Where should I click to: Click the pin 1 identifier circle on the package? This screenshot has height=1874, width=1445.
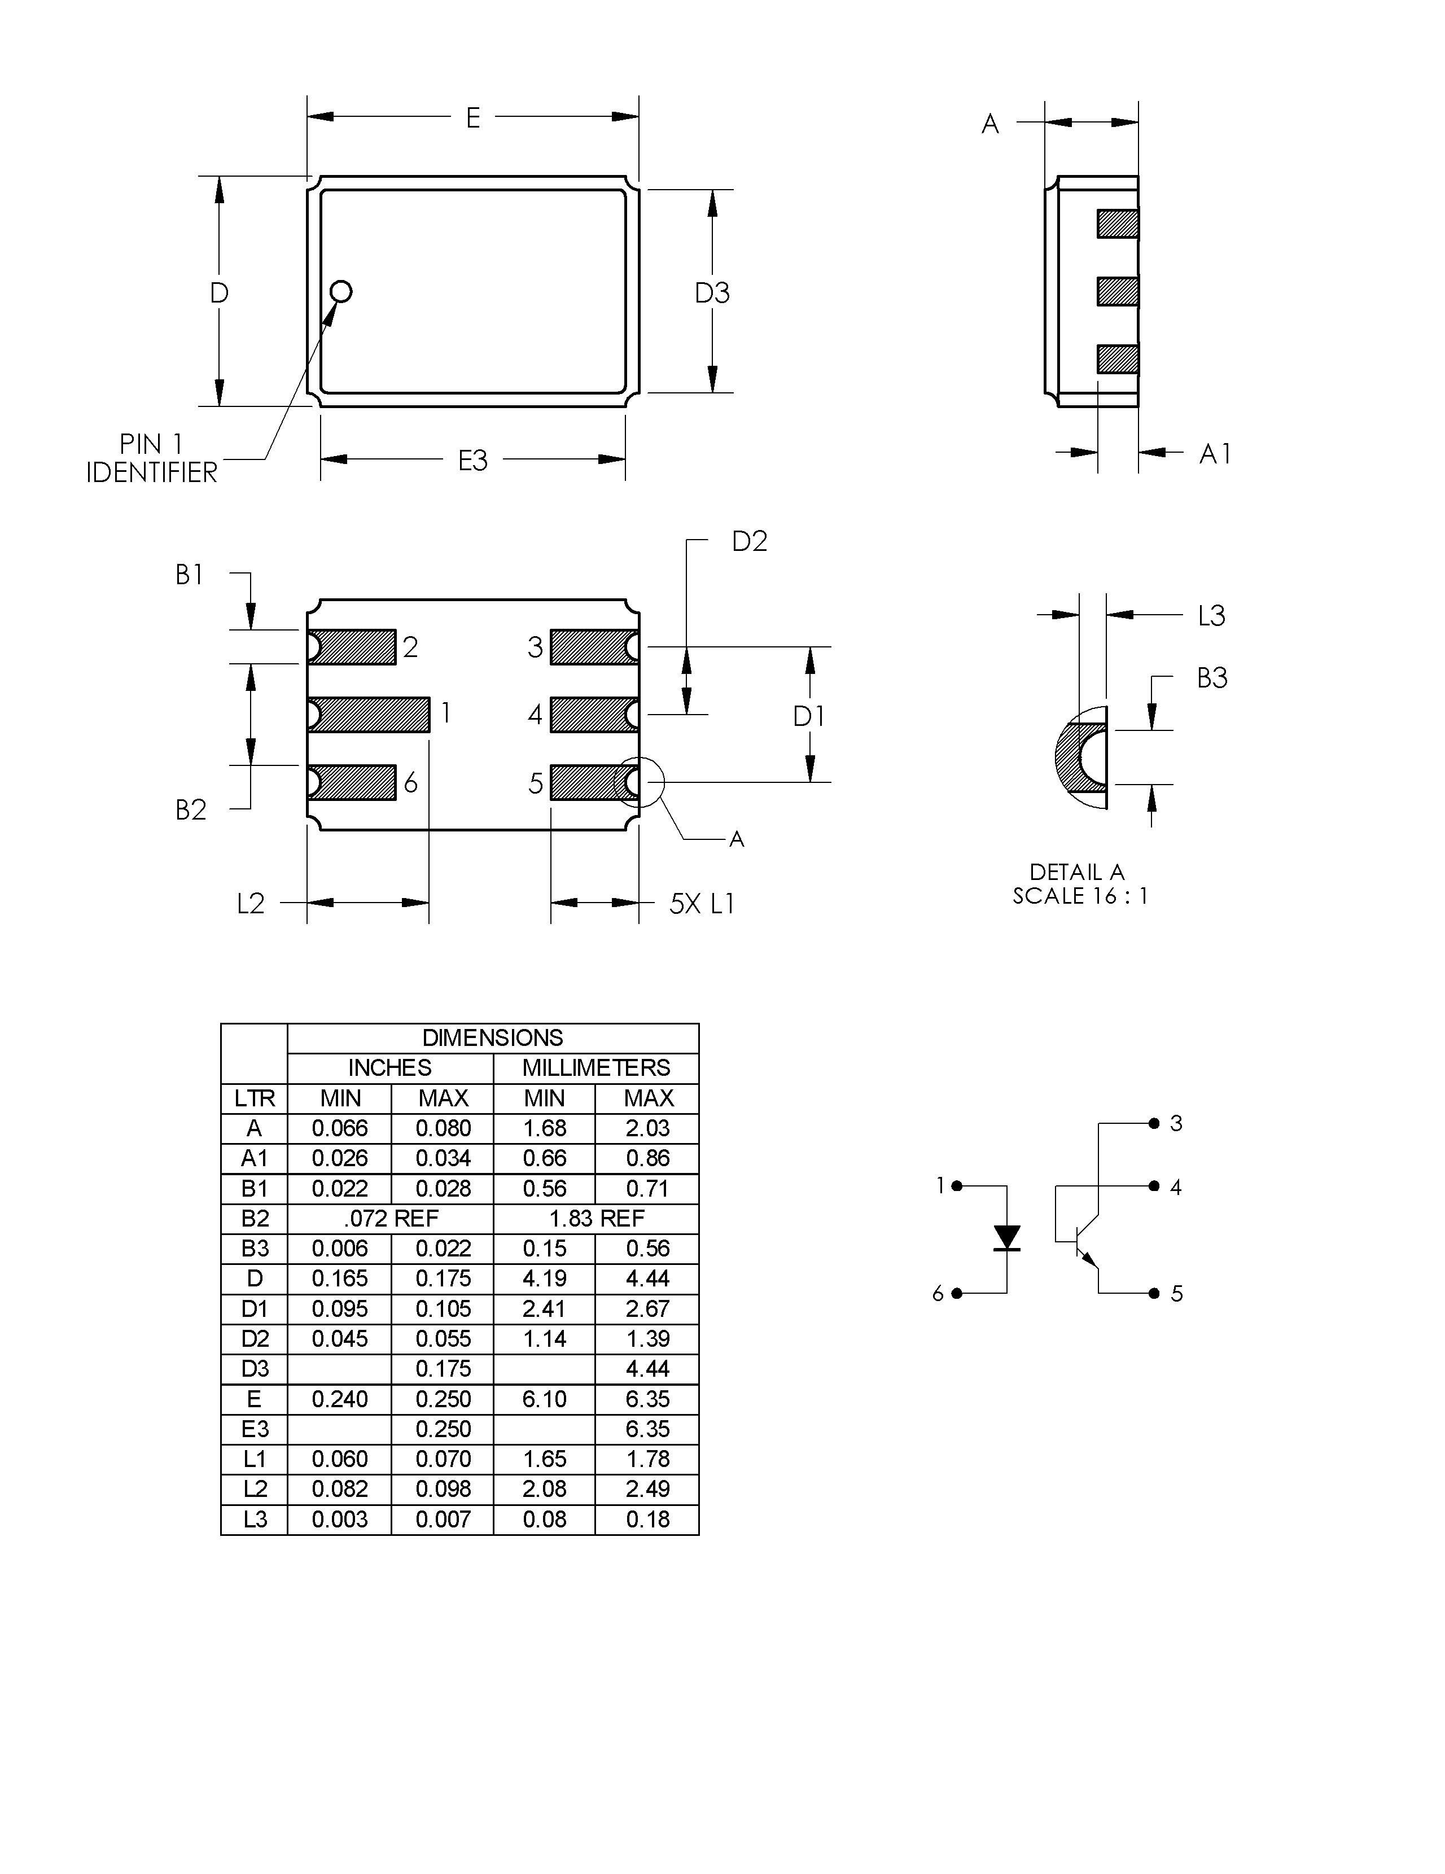pyautogui.click(x=341, y=292)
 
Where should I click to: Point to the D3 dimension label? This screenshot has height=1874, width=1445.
pyautogui.click(x=712, y=294)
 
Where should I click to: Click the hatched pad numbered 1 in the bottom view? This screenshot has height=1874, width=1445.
pyautogui.click(x=369, y=714)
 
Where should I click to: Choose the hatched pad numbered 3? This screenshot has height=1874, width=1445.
pyautogui.click(x=593, y=647)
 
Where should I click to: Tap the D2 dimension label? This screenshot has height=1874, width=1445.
pyautogui.click(x=749, y=541)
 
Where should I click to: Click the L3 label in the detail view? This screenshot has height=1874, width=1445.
pyautogui.click(x=1212, y=615)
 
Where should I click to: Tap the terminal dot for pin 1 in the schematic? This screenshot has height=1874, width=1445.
pyautogui.click(x=957, y=1186)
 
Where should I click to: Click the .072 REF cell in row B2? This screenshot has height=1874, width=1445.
pyautogui.click(x=391, y=1219)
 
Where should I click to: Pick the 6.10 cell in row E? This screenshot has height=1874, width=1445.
pyautogui.click(x=544, y=1399)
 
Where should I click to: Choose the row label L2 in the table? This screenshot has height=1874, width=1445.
pyautogui.click(x=254, y=1488)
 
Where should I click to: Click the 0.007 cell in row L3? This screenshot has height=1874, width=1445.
pyautogui.click(x=443, y=1519)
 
